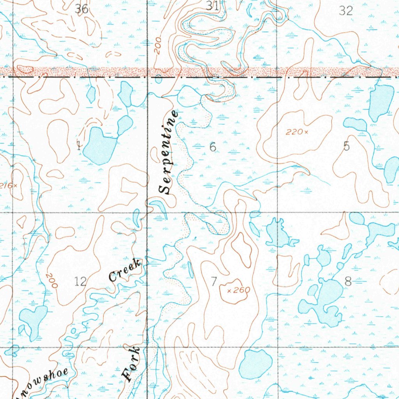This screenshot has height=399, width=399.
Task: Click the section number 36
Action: coord(82,9)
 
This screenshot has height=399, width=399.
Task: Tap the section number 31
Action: coord(212,5)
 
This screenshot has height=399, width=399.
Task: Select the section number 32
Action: coord(346,11)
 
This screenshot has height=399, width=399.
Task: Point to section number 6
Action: coord(212,147)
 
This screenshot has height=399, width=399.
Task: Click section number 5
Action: coord(346,146)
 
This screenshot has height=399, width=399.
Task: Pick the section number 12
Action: coord(80,281)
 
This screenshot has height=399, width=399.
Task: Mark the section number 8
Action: coord(348,281)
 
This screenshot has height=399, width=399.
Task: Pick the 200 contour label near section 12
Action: coord(51,280)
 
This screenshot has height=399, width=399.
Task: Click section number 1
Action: coord(79,146)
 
